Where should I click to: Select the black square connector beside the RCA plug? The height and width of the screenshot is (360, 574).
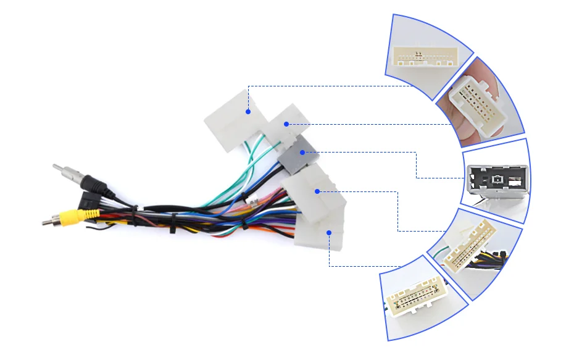tap(87, 200)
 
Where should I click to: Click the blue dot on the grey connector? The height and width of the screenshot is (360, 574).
tap(302, 152)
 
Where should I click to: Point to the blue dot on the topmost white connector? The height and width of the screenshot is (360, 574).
tap(247, 112)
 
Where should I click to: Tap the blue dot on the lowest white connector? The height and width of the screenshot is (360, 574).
tap(329, 233)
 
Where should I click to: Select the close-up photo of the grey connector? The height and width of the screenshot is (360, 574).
tap(497, 179)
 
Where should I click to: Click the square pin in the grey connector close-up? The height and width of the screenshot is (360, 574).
tap(497, 180)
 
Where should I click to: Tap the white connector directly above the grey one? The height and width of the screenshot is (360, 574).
tap(287, 127)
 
